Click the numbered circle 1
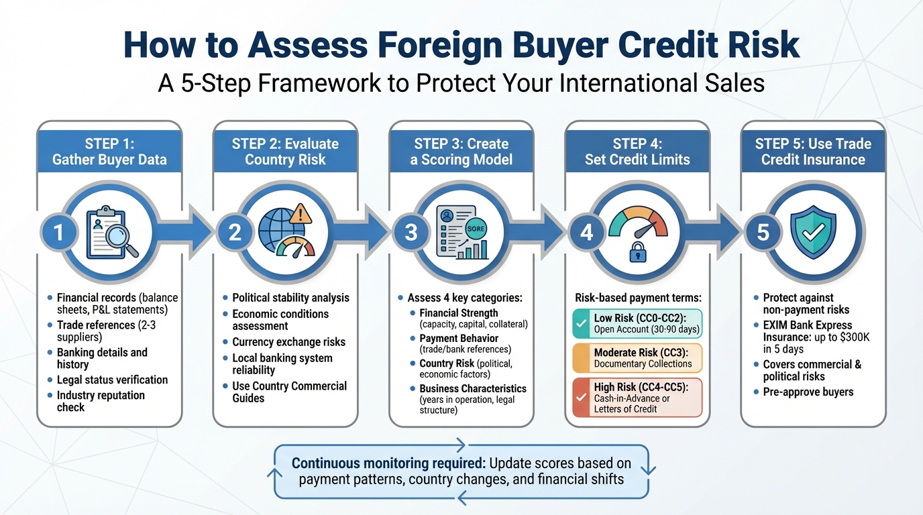pos(58,232)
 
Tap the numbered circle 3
pos(411,232)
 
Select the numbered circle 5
pos(763,232)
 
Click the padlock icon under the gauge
pos(637,252)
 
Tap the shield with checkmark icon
pos(813,229)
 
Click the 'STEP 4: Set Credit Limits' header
pos(637,152)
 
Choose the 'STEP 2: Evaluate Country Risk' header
pos(285,152)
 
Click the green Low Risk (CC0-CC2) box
pos(637,323)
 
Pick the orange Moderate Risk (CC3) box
pos(637,358)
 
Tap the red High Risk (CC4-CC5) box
pos(637,397)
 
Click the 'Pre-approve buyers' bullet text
pos(808,392)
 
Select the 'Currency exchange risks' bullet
pos(288,342)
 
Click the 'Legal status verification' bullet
pos(112,380)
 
